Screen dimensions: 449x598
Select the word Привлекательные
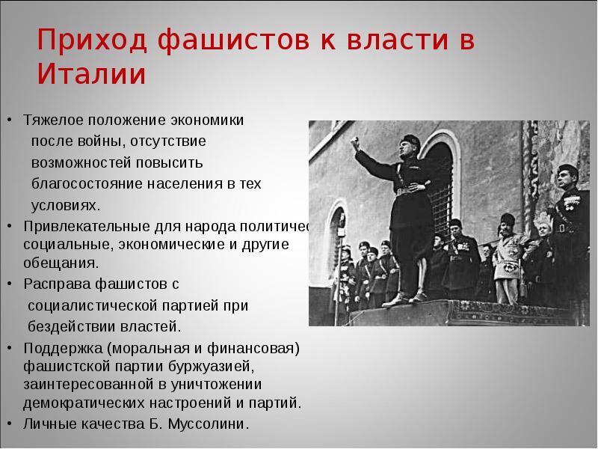pyautogui.click(x=78, y=225)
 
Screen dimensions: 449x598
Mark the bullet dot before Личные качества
pyautogui.click(x=9, y=424)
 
